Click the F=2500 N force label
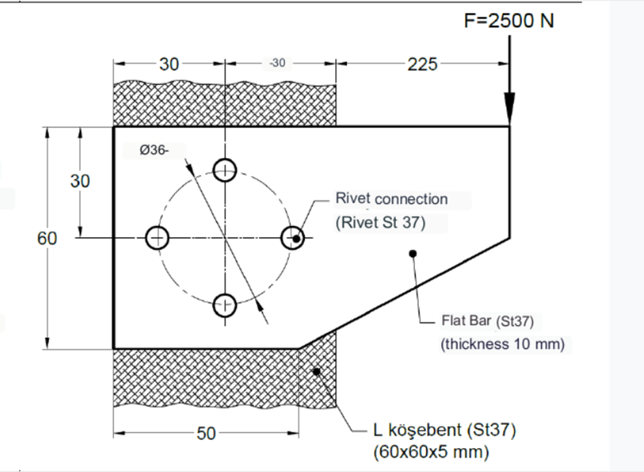pos(508,20)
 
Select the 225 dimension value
pos(423,64)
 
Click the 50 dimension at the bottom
pos(206,433)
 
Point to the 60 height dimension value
pos(47,239)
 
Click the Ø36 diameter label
pos(154,151)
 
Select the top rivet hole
pos(225,170)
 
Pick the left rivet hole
pos(157,238)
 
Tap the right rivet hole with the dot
pos(294,238)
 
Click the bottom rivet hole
pos(225,306)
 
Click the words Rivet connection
pos(391,199)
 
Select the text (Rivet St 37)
pos(380,223)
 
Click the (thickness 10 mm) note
pos(503,344)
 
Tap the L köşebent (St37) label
pos(444,430)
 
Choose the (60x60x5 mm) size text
pos(431,451)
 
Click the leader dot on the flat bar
pos(412,254)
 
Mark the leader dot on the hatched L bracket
pos(316,371)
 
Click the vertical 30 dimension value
pos(80,181)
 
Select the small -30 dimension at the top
pos(277,63)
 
